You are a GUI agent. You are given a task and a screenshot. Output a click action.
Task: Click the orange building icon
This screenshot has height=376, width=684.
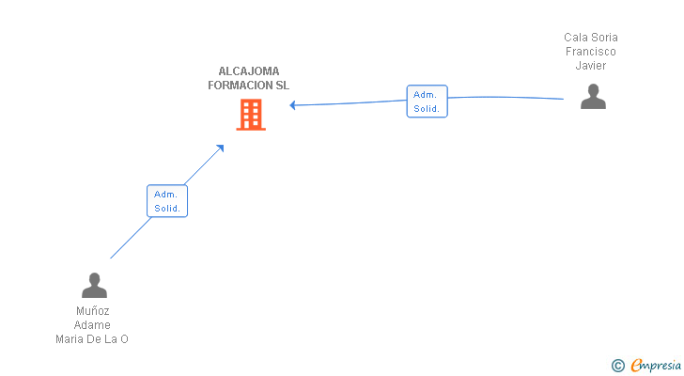[251, 115]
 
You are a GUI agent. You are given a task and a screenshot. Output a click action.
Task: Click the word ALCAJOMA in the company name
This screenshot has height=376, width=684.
[249, 71]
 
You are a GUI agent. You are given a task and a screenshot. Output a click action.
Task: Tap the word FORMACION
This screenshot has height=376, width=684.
[240, 86]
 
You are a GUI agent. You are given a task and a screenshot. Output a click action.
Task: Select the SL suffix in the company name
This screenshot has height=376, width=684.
[282, 86]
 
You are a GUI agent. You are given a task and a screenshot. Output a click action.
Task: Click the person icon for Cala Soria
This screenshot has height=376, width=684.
[593, 97]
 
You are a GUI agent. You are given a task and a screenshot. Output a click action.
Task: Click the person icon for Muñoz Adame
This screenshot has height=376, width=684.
[94, 285]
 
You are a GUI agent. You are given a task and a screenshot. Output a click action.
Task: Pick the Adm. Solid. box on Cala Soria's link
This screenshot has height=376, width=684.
[427, 102]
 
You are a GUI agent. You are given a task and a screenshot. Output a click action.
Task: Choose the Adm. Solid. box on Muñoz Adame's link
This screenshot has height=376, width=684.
[167, 201]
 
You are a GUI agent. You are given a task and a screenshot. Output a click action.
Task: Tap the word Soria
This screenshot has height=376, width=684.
[604, 38]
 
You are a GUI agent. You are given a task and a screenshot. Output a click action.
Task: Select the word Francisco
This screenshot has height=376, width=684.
[591, 52]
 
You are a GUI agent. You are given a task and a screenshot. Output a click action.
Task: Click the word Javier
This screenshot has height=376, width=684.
[591, 66]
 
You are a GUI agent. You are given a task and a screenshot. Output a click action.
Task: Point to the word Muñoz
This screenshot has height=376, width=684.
[92, 311]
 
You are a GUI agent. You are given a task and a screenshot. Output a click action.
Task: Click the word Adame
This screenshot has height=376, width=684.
[92, 325]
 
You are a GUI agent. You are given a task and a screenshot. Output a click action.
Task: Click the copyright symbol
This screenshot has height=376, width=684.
[617, 366]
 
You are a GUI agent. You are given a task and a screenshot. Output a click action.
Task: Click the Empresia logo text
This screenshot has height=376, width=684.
[655, 366]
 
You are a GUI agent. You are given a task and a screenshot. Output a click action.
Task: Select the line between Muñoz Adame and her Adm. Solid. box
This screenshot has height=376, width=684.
[131, 238]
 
